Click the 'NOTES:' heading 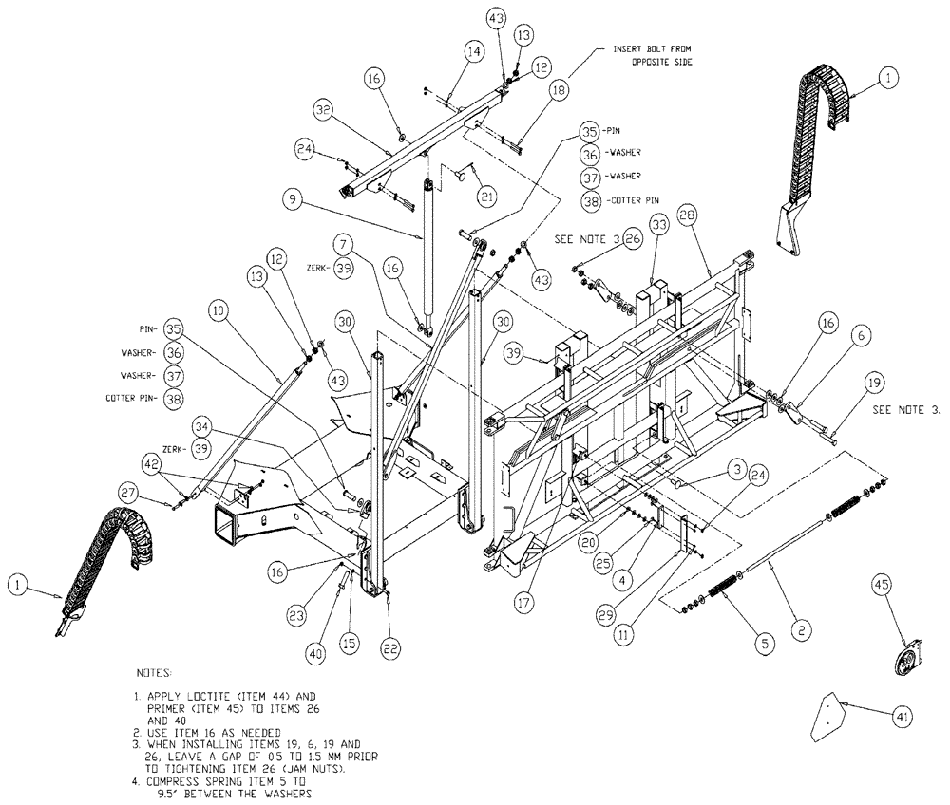click(157, 672)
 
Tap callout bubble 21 click(487, 197)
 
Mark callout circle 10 click(218, 309)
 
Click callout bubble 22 click(390, 647)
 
